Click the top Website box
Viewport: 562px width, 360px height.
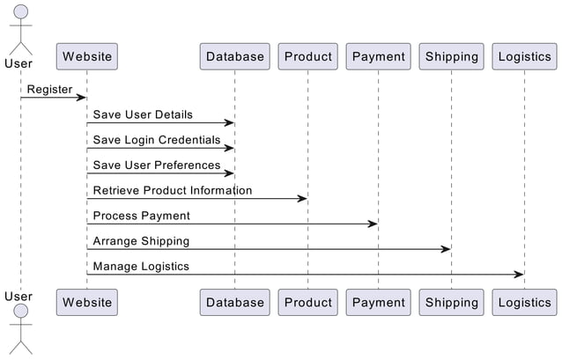click(87, 56)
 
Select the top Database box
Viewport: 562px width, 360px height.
click(234, 56)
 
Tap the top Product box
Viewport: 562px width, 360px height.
click(308, 56)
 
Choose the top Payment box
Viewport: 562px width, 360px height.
click(378, 56)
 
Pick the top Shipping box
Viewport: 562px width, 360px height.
click(451, 56)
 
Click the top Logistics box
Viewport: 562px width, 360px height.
click(524, 56)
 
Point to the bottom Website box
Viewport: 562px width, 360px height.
click(87, 302)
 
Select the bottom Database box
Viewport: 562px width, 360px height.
click(234, 302)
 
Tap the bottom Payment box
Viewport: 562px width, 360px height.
click(378, 302)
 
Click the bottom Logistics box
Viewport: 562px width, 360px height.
click(524, 302)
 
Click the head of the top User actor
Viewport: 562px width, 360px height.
click(19, 12)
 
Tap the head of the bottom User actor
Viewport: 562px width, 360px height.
click(19, 312)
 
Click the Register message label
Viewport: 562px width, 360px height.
click(49, 89)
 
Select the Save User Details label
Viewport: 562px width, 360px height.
click(143, 114)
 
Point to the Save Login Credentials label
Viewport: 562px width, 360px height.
click(157, 140)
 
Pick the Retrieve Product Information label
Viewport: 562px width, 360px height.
click(173, 190)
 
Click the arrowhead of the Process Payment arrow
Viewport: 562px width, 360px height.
click(373, 224)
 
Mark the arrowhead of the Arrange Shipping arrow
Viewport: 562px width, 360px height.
click(446, 249)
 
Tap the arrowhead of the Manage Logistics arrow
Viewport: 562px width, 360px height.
click(519, 275)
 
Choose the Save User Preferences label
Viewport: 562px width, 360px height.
click(157, 165)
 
